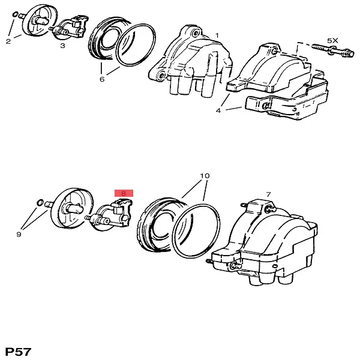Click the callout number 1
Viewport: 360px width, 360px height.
point(217,35)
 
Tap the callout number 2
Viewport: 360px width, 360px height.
point(8,41)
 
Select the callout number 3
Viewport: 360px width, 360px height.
point(62,46)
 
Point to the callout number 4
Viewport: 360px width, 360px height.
point(218,110)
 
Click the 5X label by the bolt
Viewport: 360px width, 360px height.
point(332,41)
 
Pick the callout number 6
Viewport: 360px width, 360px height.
point(102,79)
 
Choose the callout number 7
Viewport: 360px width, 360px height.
point(269,194)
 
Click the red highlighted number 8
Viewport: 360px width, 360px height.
point(124,193)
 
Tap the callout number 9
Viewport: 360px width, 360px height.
point(19,234)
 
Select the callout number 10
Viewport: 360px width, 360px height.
point(205,176)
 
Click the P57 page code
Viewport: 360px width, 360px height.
point(18,352)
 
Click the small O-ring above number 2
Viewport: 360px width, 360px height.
point(14,14)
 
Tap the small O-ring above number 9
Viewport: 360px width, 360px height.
point(40,203)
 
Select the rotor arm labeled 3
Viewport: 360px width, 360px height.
point(69,27)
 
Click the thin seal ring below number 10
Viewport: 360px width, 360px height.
point(196,231)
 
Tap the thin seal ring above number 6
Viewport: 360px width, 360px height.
point(136,45)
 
